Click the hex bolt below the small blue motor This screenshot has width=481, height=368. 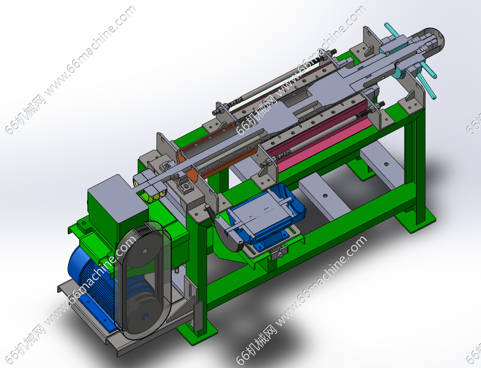(280, 254)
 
